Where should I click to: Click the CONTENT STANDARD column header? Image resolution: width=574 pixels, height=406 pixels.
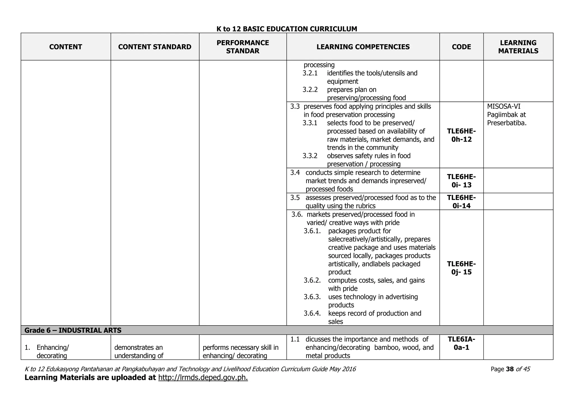155,47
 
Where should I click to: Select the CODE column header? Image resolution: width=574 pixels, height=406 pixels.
461,47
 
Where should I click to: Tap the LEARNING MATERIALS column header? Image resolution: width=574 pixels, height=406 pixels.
518,47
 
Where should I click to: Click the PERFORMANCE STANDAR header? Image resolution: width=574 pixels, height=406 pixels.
243,47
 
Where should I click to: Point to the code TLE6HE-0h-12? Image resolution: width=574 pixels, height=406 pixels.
461,135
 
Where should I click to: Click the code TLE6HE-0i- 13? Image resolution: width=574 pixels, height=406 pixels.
461,181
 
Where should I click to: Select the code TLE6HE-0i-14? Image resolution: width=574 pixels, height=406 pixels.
461,202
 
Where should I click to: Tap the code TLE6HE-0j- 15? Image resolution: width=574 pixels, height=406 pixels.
461,268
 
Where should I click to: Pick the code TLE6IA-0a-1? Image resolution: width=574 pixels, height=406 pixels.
461,343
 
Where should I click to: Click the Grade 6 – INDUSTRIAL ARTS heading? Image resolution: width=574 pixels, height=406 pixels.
73,330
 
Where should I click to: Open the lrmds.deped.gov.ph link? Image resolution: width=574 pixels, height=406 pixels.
203,378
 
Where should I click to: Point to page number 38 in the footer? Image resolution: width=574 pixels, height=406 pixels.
510,369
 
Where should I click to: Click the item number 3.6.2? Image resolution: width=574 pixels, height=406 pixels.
312,280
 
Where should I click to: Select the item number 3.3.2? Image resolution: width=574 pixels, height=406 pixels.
310,156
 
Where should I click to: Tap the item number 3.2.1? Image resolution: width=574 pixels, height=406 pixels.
310,73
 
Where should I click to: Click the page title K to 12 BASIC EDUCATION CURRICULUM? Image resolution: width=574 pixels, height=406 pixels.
287,29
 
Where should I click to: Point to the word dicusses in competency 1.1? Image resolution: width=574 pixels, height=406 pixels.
318,339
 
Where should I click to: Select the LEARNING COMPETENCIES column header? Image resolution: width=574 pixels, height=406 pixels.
363,47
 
